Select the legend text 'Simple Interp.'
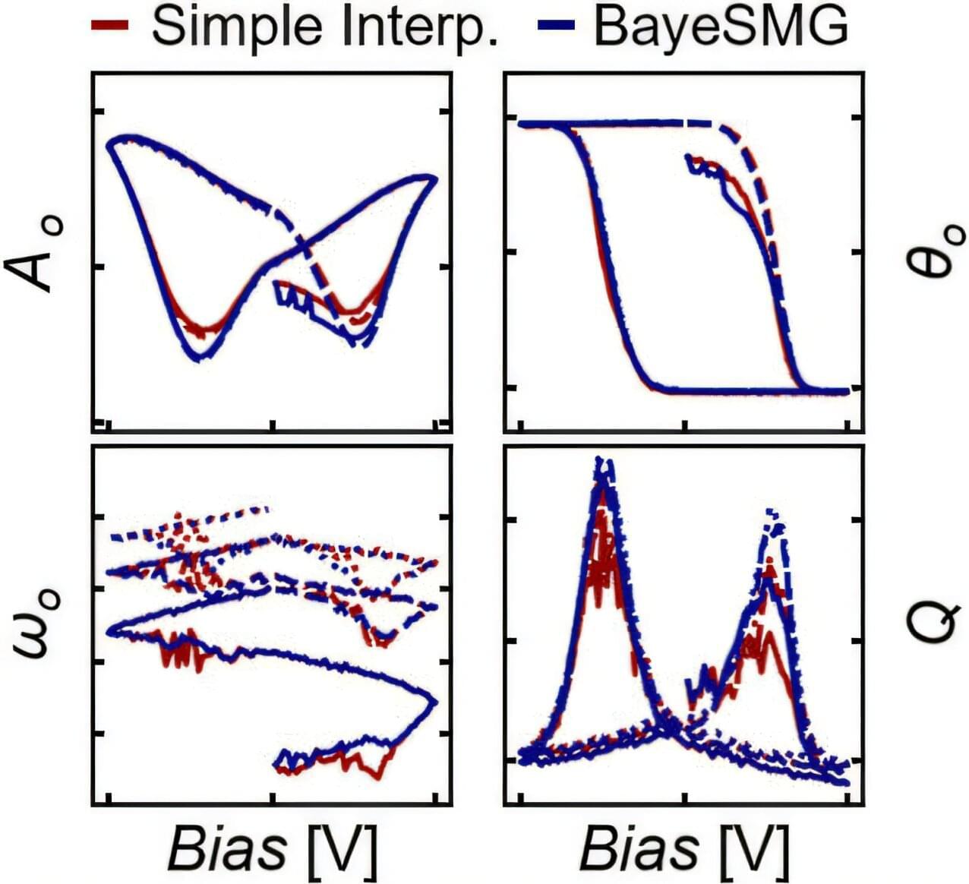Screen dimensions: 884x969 [324, 27]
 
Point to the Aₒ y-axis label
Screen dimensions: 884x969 [39, 256]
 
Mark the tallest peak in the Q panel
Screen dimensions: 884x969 [602, 460]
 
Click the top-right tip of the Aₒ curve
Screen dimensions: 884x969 [434, 178]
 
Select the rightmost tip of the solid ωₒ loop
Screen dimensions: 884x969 [436, 699]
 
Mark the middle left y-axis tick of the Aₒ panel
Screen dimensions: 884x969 [97, 267]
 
